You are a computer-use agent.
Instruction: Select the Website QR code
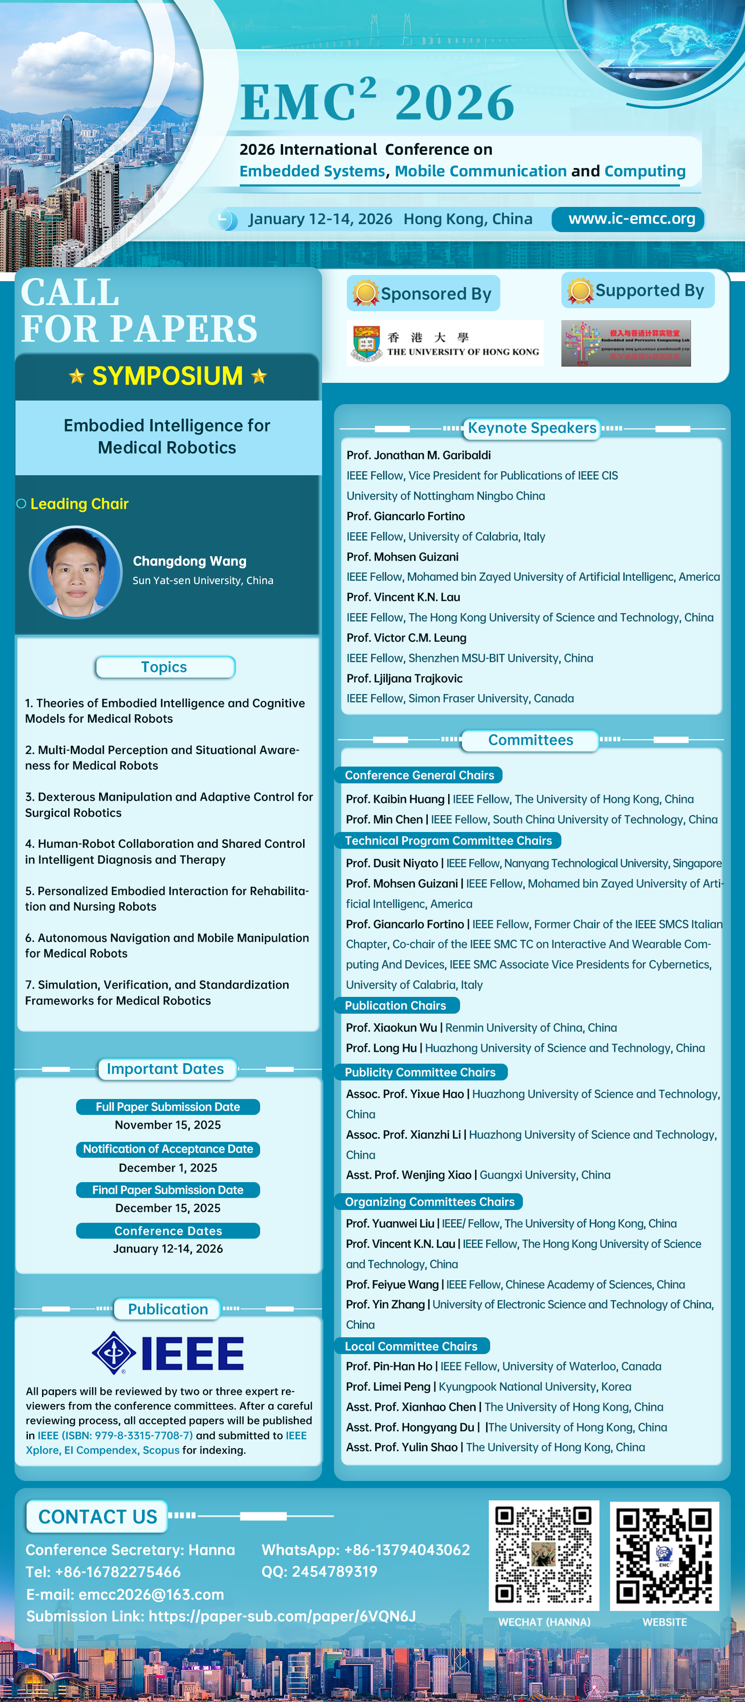coord(664,1555)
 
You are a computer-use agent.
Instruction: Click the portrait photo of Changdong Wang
coord(75,572)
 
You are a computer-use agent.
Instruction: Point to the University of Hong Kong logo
coord(445,343)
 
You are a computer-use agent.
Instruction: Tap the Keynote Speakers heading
coord(532,428)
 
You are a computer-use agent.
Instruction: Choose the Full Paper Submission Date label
coord(168,1107)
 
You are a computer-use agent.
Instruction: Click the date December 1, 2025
coord(168,1168)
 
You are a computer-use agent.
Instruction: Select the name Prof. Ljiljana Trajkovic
coord(404,679)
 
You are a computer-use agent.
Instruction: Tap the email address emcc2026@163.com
coord(151,1594)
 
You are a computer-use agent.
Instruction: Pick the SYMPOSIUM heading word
coord(167,376)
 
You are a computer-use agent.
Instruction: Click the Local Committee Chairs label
coord(411,1346)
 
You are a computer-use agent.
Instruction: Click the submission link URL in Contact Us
coord(282,1616)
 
